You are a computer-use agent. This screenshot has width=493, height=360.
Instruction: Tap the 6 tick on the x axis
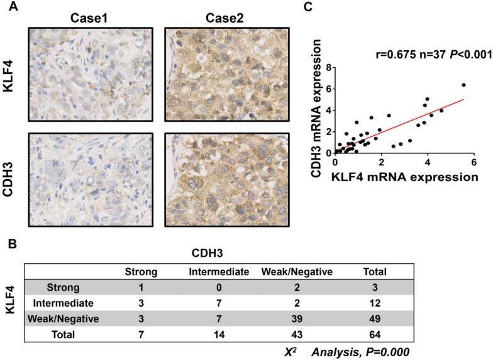click(x=473, y=162)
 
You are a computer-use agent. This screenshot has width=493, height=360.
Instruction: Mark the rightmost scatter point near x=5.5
click(x=463, y=85)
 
